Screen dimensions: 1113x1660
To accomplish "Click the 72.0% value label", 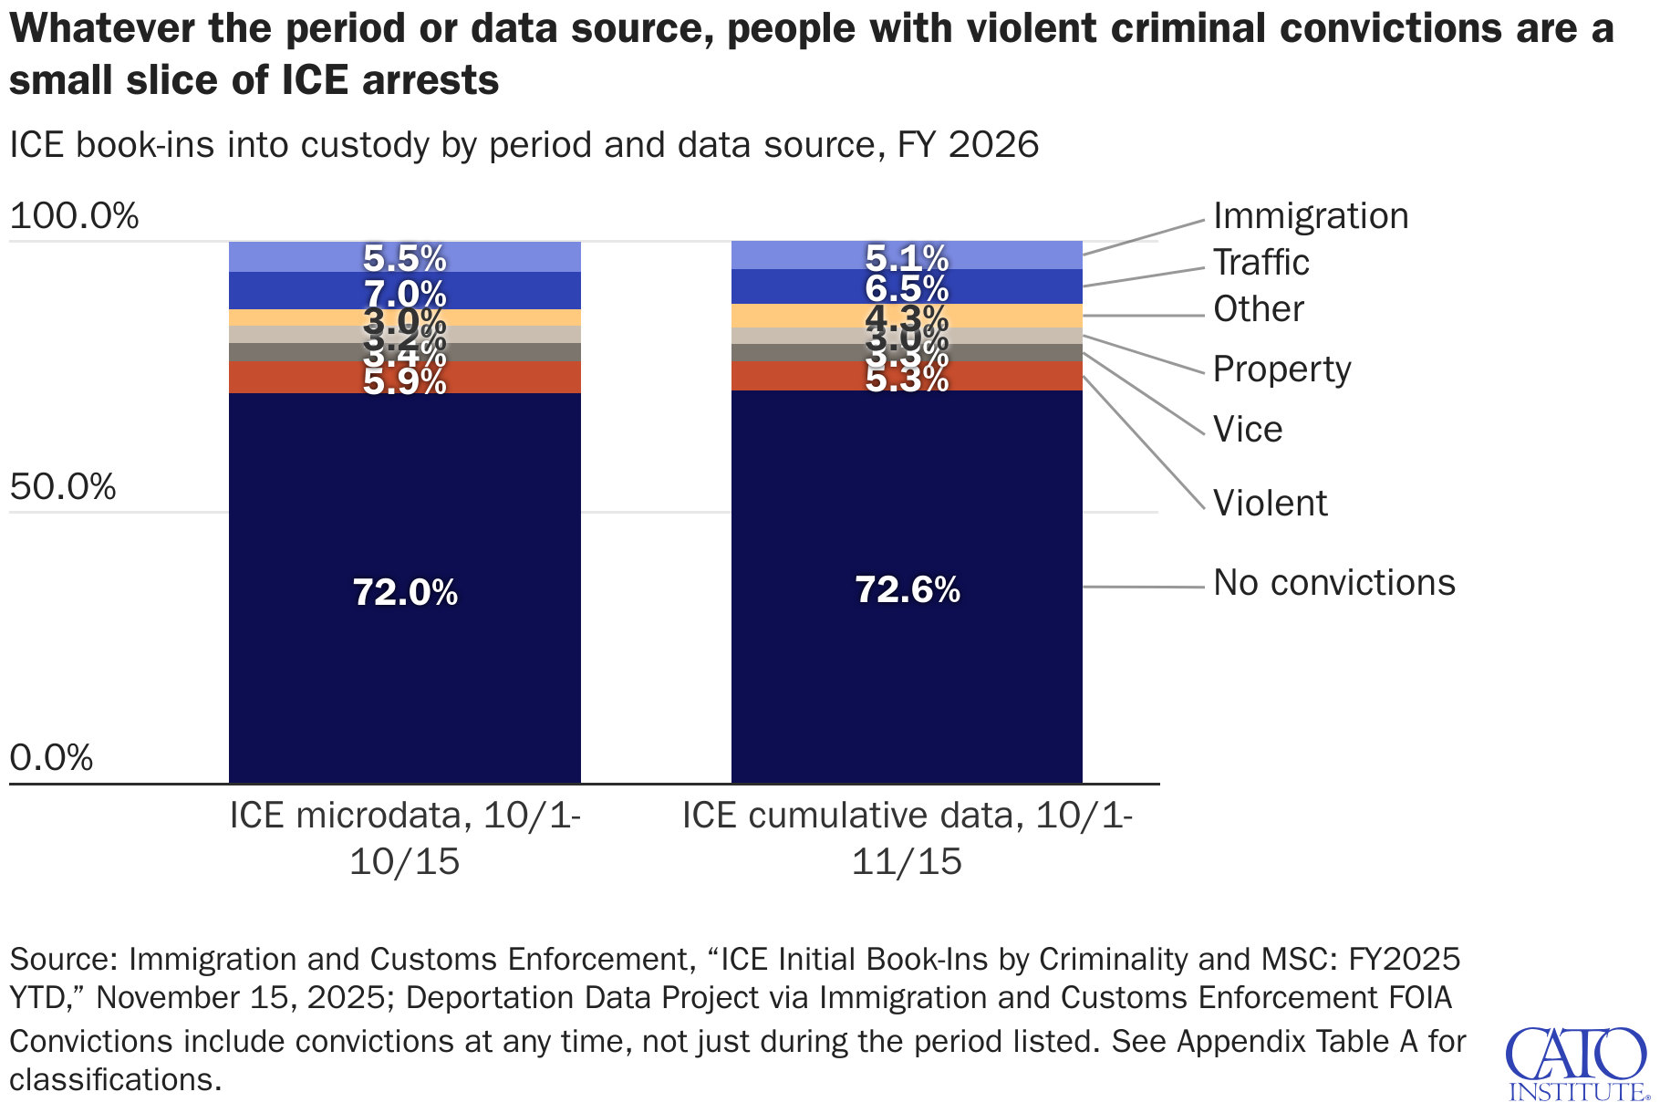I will point(405,593).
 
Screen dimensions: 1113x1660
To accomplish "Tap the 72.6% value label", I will point(908,590).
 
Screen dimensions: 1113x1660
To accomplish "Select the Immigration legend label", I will point(1311,216).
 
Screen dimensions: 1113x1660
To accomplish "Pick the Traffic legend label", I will point(1261,263).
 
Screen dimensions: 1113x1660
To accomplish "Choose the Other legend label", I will point(1258,309).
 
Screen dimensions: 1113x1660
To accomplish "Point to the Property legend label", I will point(1281,369).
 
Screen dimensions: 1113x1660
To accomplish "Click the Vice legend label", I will point(1247,430).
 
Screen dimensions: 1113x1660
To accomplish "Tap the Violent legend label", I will point(1270,504).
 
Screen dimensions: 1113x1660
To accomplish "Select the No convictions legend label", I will point(1333,583).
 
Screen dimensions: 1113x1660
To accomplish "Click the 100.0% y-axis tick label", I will point(74,216).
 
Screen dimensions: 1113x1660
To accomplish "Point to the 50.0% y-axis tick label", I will point(63,487).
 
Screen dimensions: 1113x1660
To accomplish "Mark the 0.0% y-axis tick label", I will point(51,758).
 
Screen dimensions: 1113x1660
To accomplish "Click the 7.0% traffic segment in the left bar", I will point(405,292).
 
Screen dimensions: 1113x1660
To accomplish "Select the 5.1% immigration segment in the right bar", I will point(908,255).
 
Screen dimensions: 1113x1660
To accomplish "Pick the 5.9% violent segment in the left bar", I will point(405,378).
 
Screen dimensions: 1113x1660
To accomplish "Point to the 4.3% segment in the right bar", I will point(908,317).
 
